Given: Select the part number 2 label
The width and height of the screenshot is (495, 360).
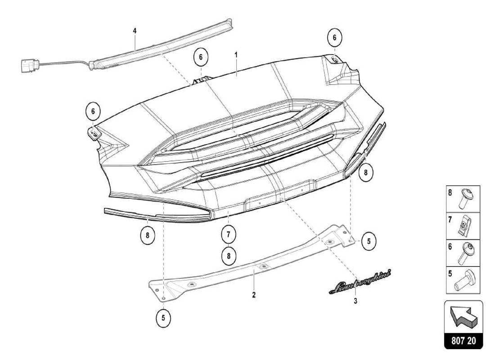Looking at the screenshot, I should [254, 295].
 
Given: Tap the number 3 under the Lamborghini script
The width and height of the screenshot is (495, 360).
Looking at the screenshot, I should [355, 301].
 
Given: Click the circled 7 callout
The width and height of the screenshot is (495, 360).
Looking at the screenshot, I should [229, 234].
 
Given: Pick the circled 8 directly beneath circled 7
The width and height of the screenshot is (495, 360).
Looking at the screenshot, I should [229, 256].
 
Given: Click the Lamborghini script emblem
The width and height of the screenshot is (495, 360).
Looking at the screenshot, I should [360, 281].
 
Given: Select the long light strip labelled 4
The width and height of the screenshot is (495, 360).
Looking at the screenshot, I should [162, 45].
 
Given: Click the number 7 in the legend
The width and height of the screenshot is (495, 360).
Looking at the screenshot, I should [449, 221].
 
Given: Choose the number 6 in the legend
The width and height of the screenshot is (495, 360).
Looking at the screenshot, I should [449, 247].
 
